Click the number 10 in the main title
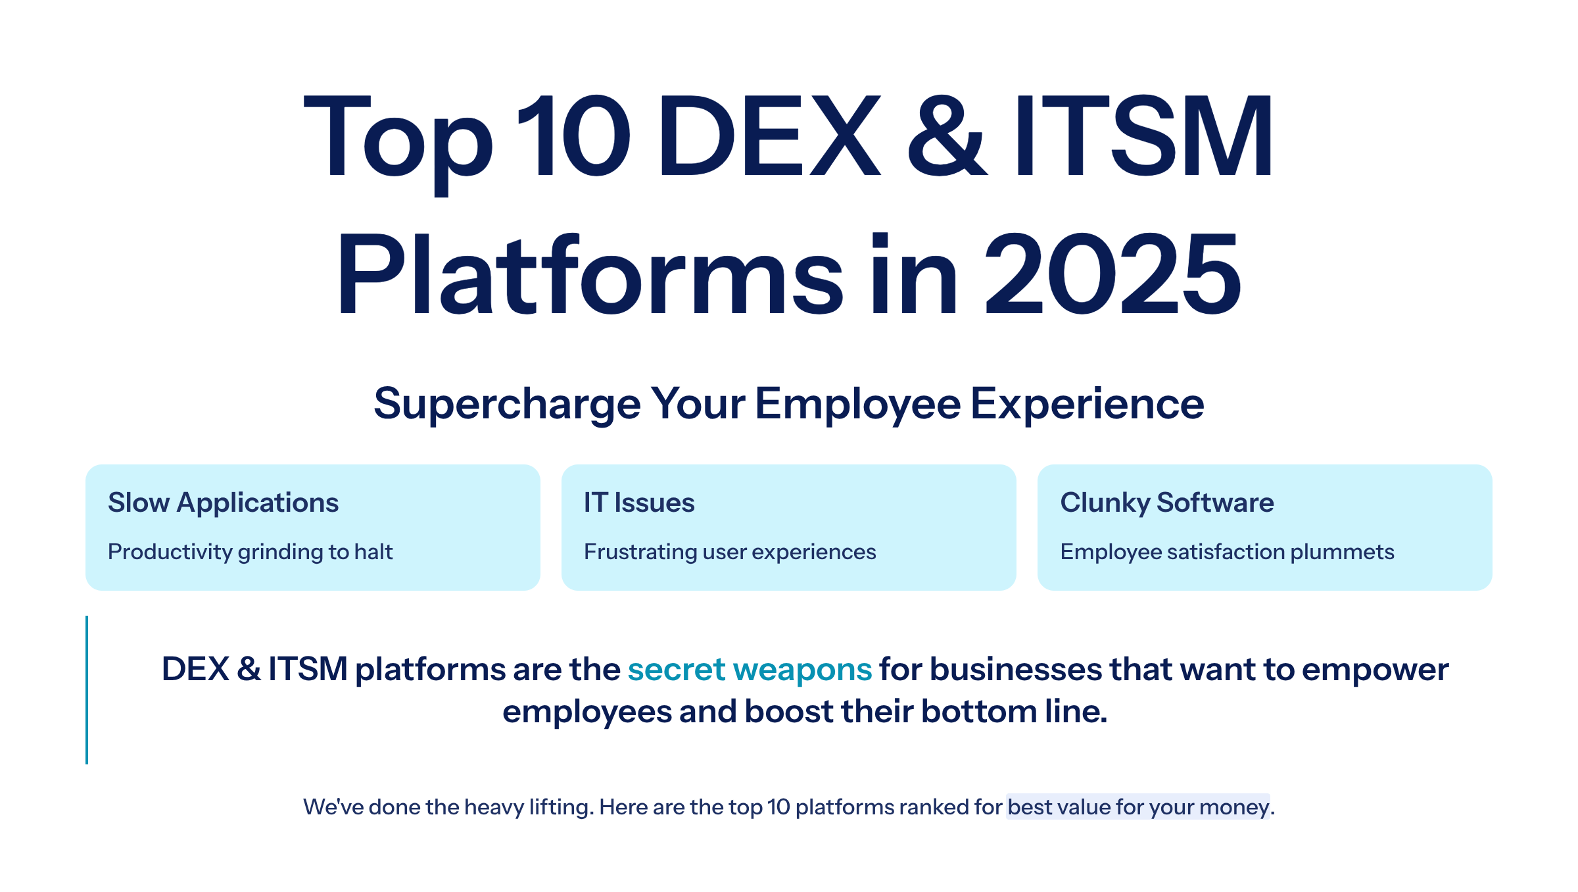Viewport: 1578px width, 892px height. pyautogui.click(x=573, y=136)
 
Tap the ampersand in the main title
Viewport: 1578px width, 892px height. pyautogui.click(x=947, y=136)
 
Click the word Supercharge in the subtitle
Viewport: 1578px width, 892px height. pyautogui.click(x=507, y=403)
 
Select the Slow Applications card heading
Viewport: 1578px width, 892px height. pyautogui.click(x=224, y=503)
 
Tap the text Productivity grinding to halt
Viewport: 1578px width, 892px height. pyautogui.click(x=250, y=552)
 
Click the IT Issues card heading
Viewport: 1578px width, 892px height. pyautogui.click(x=639, y=503)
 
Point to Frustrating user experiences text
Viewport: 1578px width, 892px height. pyautogui.click(x=730, y=552)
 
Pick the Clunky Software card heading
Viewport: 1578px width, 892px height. pyautogui.click(x=1167, y=503)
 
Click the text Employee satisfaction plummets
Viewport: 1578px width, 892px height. pyautogui.click(x=1227, y=552)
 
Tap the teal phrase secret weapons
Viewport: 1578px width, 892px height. pyautogui.click(x=750, y=670)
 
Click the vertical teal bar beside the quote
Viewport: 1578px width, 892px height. pyautogui.click(x=87, y=689)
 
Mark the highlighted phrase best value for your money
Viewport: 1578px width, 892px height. pyautogui.click(x=1138, y=807)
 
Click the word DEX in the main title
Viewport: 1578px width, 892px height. pyautogui.click(x=769, y=136)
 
